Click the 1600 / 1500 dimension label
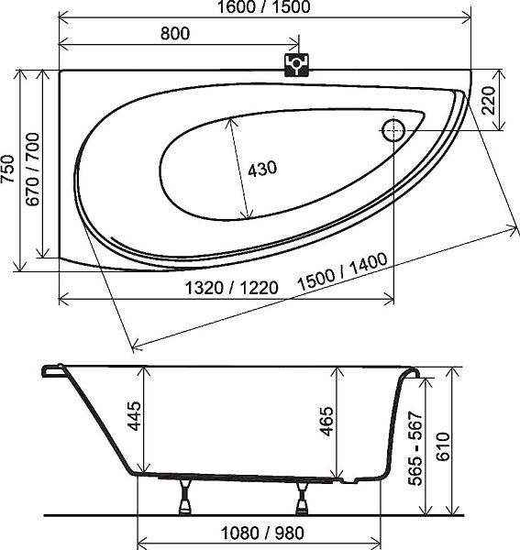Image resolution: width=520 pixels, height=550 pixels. click(263, 7)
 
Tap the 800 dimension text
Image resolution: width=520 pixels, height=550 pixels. click(175, 34)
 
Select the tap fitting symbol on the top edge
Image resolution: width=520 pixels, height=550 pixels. click(296, 65)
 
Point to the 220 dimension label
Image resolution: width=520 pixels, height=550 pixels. click(488, 100)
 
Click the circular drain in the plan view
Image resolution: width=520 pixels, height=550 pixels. click(393, 130)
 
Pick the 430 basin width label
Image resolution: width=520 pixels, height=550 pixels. click(262, 169)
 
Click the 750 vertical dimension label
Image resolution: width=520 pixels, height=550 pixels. click(7, 169)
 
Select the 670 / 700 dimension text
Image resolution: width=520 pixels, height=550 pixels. click(33, 169)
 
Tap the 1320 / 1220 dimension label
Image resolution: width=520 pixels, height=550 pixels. click(232, 288)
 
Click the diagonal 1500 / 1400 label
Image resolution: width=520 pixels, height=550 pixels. click(342, 272)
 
